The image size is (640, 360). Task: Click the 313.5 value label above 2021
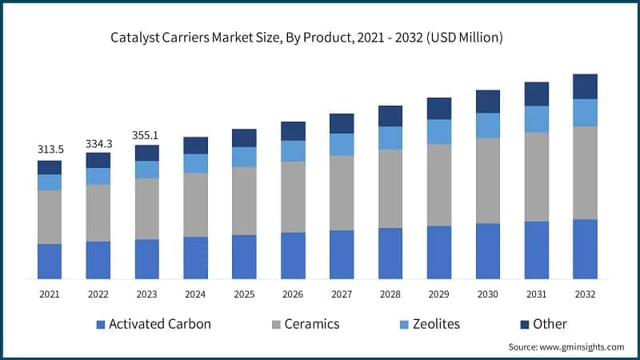50,150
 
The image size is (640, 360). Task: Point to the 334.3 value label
98,143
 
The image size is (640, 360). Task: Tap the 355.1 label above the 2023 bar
146,135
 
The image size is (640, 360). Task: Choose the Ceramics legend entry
306,324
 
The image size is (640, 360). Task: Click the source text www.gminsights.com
566,346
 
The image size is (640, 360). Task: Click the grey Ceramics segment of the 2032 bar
586,173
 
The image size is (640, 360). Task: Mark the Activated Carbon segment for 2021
50,261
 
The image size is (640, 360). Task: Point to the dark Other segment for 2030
488,102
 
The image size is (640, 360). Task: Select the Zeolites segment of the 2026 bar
293,151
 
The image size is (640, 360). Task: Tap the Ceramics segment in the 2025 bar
244,201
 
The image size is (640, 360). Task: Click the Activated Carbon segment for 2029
439,252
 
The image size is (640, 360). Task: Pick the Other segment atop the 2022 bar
98,160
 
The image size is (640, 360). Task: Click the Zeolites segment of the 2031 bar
537,119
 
